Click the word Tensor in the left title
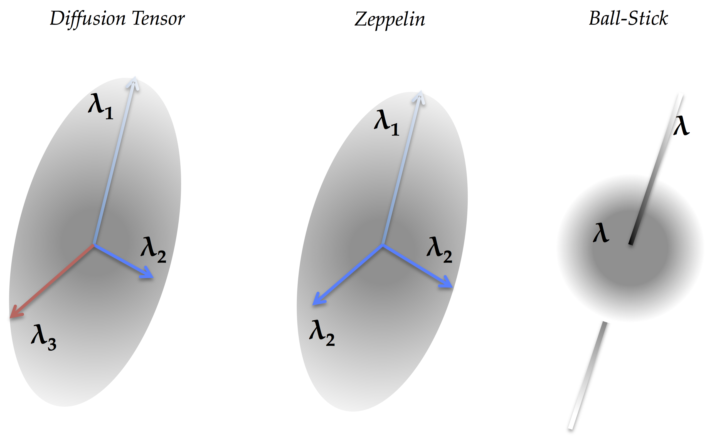click(x=158, y=18)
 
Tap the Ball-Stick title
click(x=629, y=18)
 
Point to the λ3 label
click(x=43, y=338)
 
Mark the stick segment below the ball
click(x=588, y=375)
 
